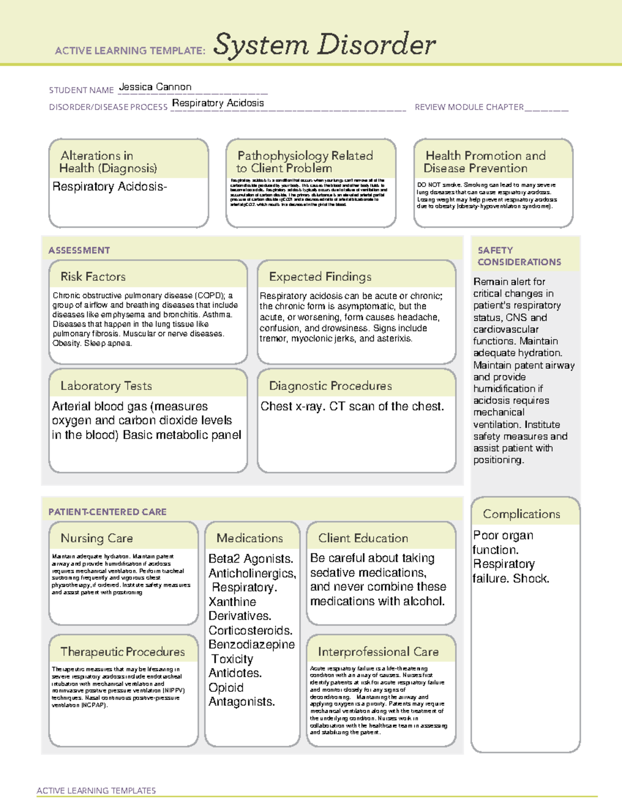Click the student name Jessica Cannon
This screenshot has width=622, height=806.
[155, 87]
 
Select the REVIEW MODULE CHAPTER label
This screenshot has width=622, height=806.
[469, 107]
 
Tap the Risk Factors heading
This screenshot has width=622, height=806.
[93, 277]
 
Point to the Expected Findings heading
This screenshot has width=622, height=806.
[320, 277]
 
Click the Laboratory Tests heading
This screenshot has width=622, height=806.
[106, 386]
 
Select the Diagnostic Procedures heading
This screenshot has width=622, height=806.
[330, 386]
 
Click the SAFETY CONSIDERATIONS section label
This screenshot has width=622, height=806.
[519, 256]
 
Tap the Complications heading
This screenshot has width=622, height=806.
[521, 514]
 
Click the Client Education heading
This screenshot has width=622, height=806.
[363, 538]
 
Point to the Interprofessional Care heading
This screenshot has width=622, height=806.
[378, 651]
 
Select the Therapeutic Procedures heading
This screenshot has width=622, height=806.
[122, 651]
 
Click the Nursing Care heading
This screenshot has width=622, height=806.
[96, 538]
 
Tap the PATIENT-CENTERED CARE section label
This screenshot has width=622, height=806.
[107, 512]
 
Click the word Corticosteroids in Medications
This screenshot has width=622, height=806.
[250, 630]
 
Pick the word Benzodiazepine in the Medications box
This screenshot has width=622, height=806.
[251, 645]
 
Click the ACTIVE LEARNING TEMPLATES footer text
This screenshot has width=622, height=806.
[96, 790]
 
